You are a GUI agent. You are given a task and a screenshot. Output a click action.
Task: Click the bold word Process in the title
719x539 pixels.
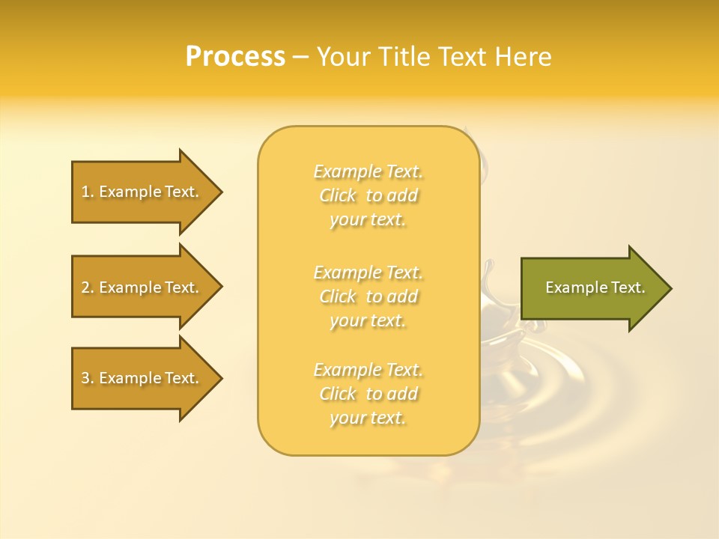235,56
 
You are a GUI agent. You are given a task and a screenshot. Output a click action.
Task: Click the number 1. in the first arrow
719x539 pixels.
88,192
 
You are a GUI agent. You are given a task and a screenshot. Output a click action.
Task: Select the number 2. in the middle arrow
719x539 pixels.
88,287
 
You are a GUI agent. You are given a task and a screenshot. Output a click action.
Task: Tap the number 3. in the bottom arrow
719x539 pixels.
88,378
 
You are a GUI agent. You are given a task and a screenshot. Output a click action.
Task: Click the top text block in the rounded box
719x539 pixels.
368,195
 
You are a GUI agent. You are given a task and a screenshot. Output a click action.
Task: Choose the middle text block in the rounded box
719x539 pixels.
368,296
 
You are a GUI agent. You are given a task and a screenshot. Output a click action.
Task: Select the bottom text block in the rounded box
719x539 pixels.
368,394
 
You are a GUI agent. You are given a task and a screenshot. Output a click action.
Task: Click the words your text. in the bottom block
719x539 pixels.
368,418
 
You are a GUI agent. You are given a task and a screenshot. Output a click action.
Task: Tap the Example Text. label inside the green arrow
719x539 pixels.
595,287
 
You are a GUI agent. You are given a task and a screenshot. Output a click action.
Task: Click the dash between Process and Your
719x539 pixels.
301,57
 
